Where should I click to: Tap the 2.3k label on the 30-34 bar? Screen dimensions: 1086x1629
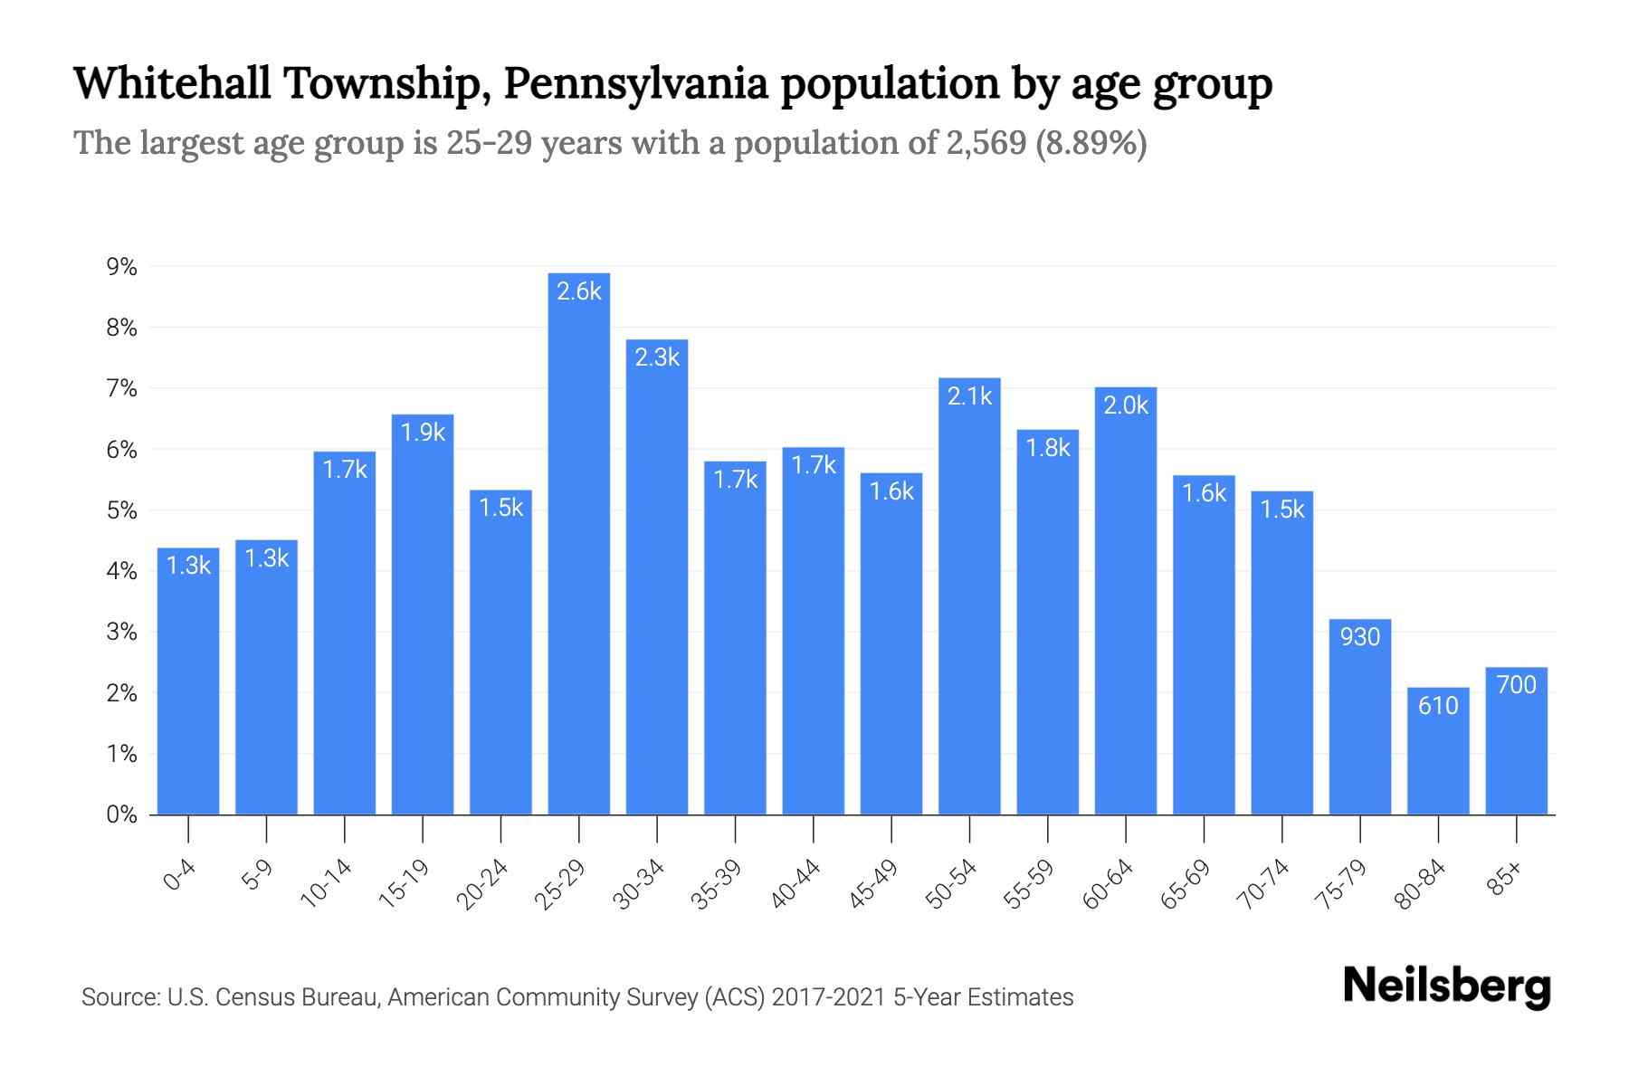(x=657, y=357)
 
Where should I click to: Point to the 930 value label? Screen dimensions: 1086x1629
(x=1360, y=637)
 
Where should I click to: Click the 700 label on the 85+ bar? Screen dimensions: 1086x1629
(x=1517, y=685)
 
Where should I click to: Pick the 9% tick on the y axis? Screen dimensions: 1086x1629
(x=121, y=267)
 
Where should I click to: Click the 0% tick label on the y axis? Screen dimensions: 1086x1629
(x=121, y=814)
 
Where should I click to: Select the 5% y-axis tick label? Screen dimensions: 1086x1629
(x=121, y=510)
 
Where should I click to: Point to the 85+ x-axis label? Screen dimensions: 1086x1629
(x=1505, y=878)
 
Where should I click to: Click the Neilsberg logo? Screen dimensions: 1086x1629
(x=1446, y=986)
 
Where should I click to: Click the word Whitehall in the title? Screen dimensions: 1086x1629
(x=172, y=84)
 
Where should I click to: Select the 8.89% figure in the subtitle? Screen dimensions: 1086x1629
(x=1091, y=143)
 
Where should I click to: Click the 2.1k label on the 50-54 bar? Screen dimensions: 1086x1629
(x=969, y=396)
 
